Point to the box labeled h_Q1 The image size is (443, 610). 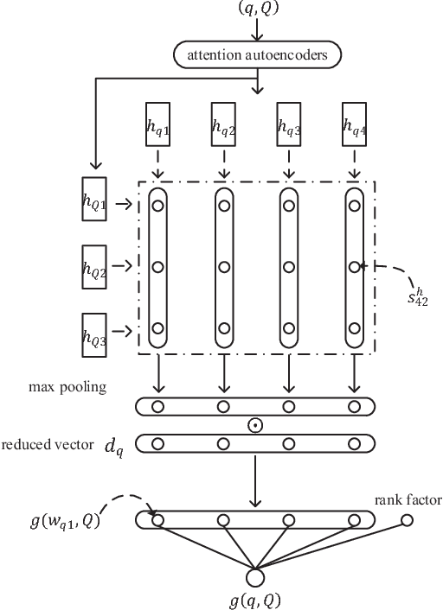(x=93, y=205)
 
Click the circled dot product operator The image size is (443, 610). (x=255, y=425)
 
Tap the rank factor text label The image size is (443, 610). (x=408, y=499)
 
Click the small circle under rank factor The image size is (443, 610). (x=407, y=520)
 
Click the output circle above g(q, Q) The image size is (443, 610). (x=255, y=576)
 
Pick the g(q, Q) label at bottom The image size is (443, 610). (x=255, y=600)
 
